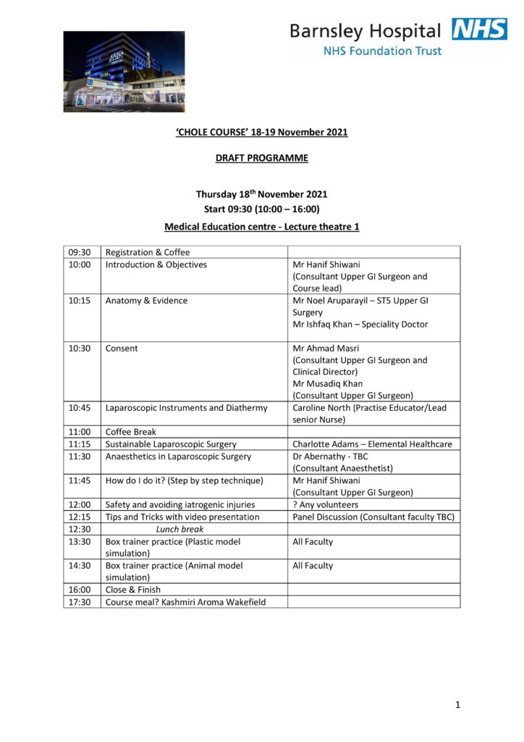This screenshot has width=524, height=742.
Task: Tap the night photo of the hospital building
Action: click(124, 71)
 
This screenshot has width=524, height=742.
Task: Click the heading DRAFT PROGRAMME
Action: click(261, 158)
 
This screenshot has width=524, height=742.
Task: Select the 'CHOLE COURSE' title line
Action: click(261, 133)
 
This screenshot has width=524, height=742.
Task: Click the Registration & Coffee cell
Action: click(148, 252)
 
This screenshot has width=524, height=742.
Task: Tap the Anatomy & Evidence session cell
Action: click(146, 301)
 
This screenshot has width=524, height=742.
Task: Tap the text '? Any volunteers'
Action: click(325, 505)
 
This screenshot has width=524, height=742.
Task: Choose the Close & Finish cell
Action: click(133, 590)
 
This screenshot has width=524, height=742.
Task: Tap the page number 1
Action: click(457, 704)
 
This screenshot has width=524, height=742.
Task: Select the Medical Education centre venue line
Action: click(261, 227)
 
